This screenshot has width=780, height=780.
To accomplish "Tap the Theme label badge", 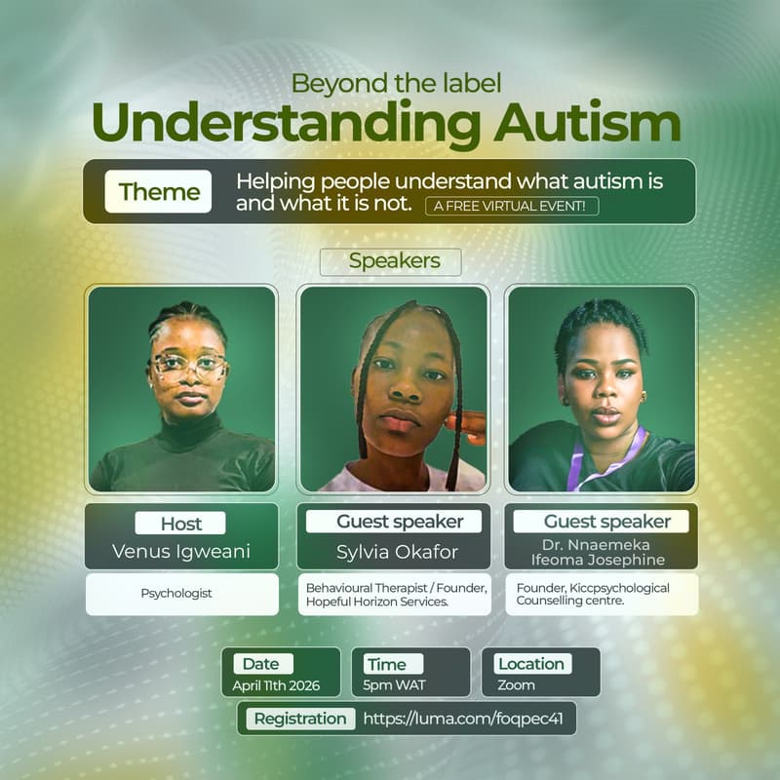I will (159, 192).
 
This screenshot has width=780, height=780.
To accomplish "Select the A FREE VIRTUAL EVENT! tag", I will (512, 206).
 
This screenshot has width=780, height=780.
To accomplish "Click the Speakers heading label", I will (394, 261).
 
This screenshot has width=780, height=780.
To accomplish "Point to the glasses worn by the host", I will (188, 367).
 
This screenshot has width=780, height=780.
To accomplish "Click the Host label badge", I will (180, 523).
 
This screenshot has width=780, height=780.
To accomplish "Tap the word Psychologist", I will (176, 592).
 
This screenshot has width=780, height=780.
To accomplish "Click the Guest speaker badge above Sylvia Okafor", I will (400, 522).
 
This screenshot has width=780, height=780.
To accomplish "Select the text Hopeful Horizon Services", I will (376, 603).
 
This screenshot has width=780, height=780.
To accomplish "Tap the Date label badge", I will (260, 664).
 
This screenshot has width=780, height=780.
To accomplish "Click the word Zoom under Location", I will (516, 684).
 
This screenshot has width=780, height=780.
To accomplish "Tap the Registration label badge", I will (300, 720).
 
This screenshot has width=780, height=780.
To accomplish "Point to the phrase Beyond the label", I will (396, 84).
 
